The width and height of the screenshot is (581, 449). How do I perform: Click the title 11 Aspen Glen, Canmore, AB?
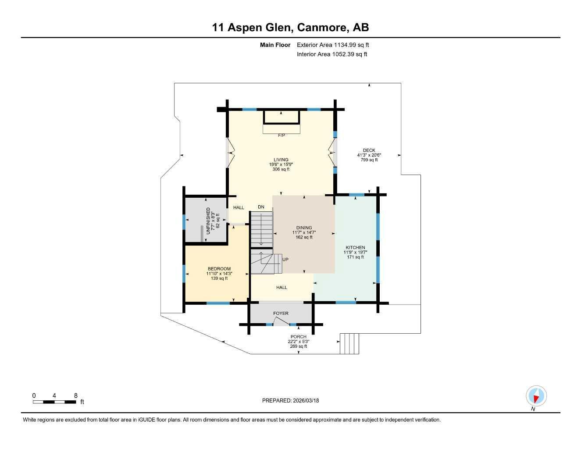point(290,28)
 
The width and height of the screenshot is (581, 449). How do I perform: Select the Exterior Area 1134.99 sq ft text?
point(333,45)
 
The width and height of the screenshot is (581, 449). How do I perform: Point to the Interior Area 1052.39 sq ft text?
point(332,54)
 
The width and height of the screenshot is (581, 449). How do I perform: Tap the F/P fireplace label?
point(282,135)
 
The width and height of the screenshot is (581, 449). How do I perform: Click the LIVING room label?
point(281,160)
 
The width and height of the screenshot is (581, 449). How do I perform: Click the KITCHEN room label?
point(355,248)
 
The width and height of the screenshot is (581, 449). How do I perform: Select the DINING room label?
point(304,228)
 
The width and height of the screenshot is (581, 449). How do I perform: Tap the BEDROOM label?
point(219,269)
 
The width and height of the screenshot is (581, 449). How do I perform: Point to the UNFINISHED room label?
point(208,221)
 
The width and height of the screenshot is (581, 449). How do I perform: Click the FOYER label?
point(281,314)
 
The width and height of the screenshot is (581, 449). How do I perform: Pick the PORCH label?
point(298,337)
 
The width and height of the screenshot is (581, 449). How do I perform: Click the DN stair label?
point(261,207)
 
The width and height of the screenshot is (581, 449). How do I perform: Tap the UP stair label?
point(285,260)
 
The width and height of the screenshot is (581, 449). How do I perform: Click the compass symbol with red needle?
point(536,396)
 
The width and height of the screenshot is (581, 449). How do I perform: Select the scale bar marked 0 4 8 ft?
point(54,402)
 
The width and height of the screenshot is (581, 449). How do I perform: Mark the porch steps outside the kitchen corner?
point(349,344)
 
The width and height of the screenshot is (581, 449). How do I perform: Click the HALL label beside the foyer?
point(282,288)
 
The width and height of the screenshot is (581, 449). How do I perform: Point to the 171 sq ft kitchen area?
point(355,257)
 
